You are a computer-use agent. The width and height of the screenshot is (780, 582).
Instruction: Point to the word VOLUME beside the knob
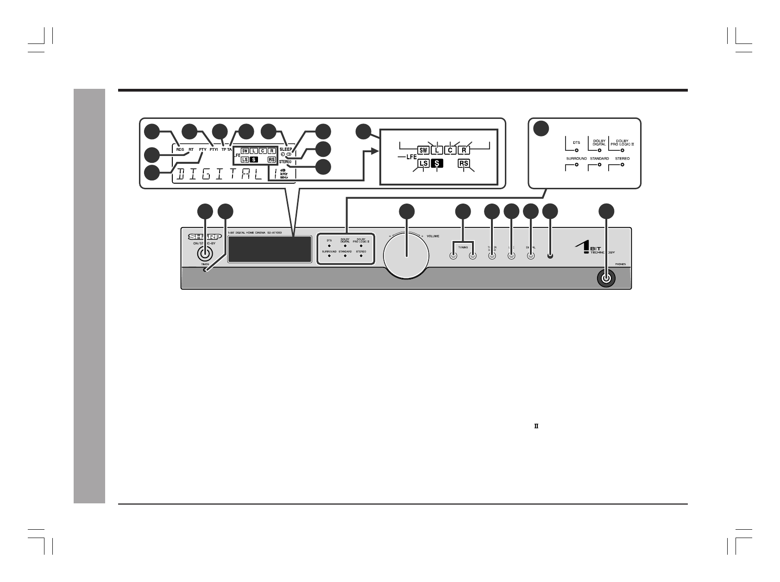(x=433, y=236)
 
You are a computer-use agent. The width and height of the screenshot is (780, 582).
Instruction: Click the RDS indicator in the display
(x=180, y=149)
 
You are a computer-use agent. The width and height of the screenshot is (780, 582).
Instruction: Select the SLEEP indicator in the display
(x=286, y=149)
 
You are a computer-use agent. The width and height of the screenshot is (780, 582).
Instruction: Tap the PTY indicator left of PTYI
(x=203, y=149)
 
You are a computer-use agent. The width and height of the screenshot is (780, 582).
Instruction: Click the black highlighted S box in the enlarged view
(x=437, y=163)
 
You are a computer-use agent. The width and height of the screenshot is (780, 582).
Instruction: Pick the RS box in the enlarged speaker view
(x=464, y=163)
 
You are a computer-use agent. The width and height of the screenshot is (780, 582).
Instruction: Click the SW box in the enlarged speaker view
(x=423, y=150)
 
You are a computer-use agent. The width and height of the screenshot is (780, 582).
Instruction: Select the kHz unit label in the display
(x=284, y=173)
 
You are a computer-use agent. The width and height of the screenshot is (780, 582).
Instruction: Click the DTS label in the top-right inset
(x=576, y=142)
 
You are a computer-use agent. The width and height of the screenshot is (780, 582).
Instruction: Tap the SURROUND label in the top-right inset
(x=576, y=159)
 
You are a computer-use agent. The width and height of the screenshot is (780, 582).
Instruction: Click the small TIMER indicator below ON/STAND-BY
(x=205, y=269)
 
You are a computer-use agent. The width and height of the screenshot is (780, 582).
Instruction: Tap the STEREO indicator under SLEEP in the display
(x=285, y=161)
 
